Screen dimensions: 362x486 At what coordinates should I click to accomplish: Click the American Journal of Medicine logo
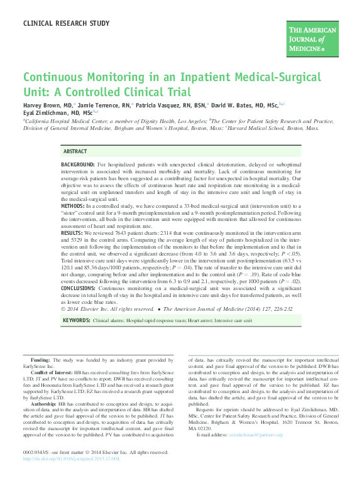coord(313,38)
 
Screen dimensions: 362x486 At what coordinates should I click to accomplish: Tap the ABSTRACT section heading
coord(75,152)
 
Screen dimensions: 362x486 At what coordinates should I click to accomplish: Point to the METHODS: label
coord(74,206)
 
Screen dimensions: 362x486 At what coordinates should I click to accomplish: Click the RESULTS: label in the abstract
coord(73,232)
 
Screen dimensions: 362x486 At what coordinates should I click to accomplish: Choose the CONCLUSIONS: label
coord(80,288)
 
